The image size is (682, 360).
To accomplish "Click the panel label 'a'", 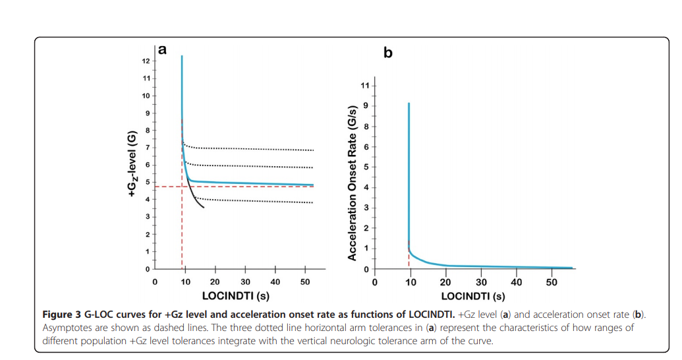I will (162, 49).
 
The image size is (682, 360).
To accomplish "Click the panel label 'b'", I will (387, 52).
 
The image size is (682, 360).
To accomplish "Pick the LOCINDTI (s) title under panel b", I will (473, 296).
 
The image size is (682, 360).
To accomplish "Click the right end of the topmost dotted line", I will (313, 150).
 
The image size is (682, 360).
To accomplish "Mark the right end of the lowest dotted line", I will (313, 202).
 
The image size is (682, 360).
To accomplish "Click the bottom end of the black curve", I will (204, 208).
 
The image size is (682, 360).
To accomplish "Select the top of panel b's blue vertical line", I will (409, 104).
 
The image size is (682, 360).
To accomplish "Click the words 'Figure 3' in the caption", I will (62, 312).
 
